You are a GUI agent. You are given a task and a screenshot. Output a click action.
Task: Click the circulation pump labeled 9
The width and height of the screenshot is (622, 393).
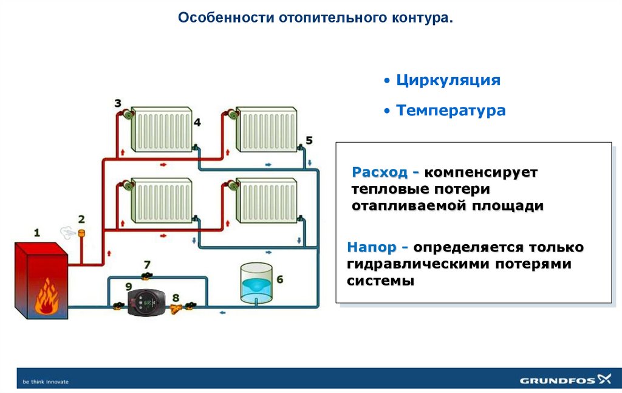click(144, 301)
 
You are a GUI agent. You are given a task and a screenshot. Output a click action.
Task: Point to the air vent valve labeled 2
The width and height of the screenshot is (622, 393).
click(81, 231)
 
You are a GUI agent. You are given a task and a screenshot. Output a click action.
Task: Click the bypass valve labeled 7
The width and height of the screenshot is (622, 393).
click(146, 277)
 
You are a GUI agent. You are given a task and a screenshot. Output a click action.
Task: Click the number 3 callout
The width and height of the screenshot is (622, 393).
click(118, 103)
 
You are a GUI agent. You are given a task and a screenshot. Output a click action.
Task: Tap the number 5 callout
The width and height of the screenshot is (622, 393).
click(309, 140)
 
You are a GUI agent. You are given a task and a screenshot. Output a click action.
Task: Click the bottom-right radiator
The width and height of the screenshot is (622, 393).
click(266, 199)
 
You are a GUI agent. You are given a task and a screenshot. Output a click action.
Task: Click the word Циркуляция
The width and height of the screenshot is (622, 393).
click(448, 81)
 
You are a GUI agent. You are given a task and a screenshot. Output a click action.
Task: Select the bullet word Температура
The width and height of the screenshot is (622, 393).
click(450, 111)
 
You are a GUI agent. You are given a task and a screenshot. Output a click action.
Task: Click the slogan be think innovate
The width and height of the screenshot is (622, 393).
click(46, 381)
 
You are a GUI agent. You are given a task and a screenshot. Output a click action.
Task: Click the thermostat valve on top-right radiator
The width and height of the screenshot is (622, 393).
click(231, 114)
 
